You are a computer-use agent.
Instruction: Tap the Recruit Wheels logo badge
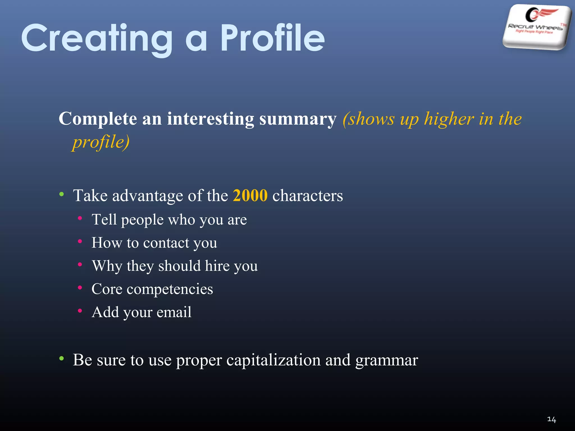(537, 27)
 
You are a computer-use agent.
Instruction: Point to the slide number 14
(551, 419)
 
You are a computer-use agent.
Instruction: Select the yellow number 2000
(250, 195)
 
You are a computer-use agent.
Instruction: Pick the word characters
(307, 196)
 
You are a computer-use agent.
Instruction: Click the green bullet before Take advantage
(61, 194)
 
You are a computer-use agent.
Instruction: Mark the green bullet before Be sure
(61, 358)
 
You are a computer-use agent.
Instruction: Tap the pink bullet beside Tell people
(80, 218)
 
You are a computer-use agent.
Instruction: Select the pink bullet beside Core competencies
(80, 287)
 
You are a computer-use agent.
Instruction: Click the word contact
(166, 243)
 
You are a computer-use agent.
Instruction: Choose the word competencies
(170, 289)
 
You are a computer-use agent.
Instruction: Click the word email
(174, 312)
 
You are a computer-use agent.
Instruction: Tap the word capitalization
(273, 360)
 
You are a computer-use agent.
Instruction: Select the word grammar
(387, 361)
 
